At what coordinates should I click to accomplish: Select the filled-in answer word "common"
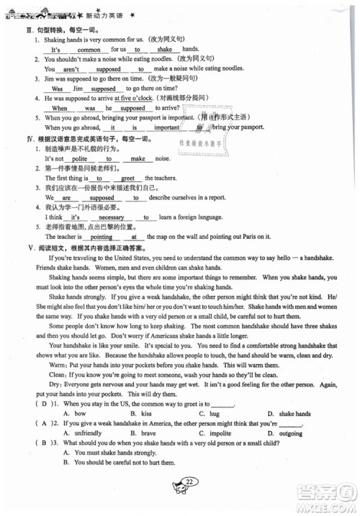(89, 50)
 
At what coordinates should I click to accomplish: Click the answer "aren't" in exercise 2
(71, 70)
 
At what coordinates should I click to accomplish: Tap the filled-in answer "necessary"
(111, 217)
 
